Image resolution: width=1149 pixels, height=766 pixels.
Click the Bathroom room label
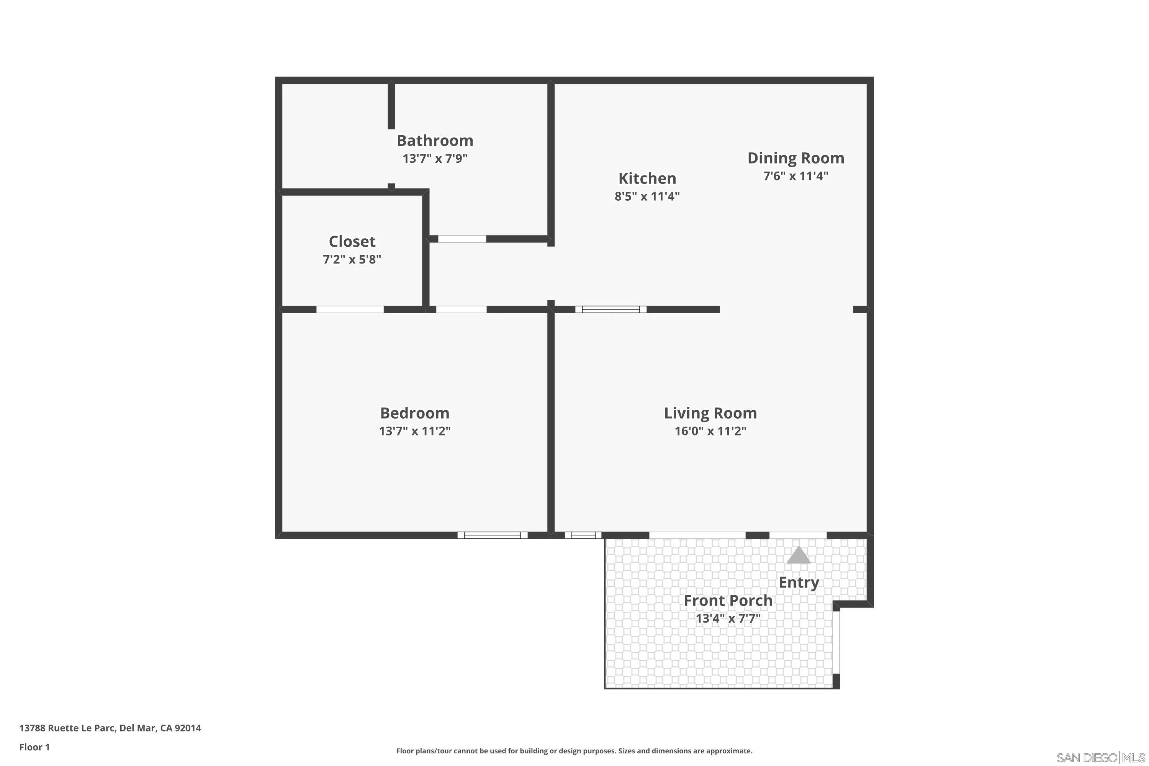tap(435, 141)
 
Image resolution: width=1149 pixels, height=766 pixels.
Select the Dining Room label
tap(795, 158)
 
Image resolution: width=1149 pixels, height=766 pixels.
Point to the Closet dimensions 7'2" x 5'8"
tap(352, 259)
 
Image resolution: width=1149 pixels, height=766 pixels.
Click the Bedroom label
tap(414, 413)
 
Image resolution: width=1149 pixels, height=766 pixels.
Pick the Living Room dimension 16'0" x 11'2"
tap(710, 431)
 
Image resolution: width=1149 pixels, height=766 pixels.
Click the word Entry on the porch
tap(798, 582)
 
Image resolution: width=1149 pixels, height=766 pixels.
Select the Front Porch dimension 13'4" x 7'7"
tap(728, 619)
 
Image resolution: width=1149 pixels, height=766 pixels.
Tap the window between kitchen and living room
tap(611, 309)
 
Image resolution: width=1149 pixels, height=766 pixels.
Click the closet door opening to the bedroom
tap(350, 309)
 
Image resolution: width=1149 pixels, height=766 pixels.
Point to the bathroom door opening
tap(462, 239)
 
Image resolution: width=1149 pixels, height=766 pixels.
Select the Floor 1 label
tap(34, 747)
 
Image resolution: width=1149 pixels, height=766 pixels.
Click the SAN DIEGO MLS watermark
tap(1101, 758)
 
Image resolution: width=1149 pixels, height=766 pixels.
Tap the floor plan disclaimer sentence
tap(574, 751)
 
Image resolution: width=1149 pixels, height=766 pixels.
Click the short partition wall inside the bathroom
tap(391, 105)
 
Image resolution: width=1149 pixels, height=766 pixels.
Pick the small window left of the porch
tap(583, 535)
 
